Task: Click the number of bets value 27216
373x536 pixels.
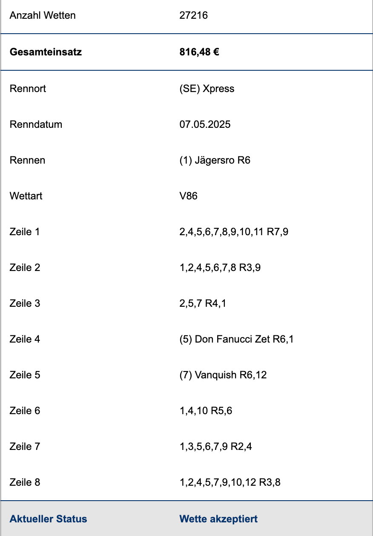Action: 193,15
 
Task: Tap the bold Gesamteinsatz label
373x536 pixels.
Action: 46,52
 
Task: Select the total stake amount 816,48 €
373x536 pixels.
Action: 199,52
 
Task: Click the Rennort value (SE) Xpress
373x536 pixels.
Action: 207,89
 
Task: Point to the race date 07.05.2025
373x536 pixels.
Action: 205,124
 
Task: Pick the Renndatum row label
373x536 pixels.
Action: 36,124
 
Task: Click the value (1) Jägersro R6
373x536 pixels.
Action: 215,160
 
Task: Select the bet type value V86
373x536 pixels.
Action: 188,196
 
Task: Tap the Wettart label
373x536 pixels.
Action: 26,196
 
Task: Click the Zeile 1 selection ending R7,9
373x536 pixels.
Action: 234,232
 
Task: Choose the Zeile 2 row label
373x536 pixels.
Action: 25,268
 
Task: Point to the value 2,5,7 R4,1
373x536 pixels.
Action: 203,303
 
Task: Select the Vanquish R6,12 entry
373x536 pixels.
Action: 223,375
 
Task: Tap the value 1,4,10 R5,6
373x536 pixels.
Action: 206,411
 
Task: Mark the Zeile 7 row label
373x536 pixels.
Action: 25,447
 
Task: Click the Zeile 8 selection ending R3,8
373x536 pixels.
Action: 230,482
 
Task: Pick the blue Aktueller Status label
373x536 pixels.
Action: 48,519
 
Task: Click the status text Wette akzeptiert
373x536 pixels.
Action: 218,519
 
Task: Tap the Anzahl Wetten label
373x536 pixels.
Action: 43,15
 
